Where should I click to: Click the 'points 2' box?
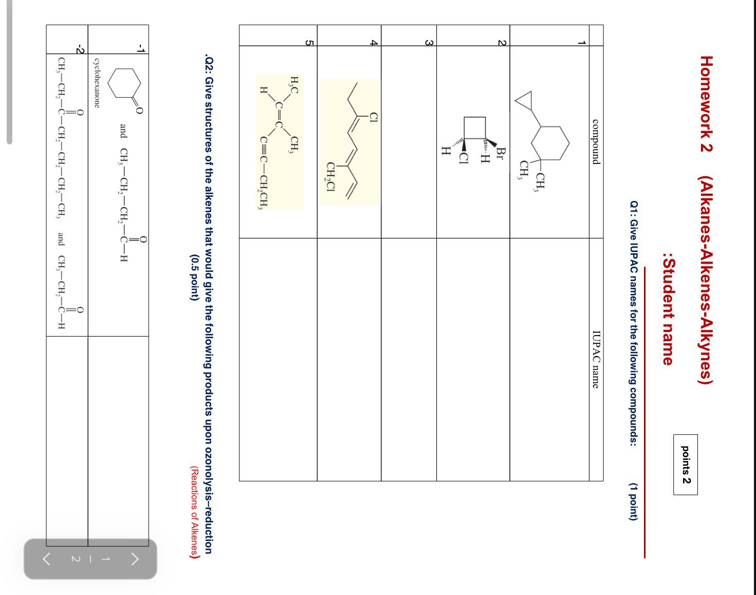(686, 464)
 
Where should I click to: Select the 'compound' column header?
(596, 142)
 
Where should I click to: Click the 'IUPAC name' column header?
(596, 359)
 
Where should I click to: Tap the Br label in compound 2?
(502, 153)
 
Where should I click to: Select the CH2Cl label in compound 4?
(331, 177)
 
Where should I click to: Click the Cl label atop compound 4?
(374, 118)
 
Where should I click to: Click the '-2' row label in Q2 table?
(79, 49)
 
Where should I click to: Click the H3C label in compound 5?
(294, 84)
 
